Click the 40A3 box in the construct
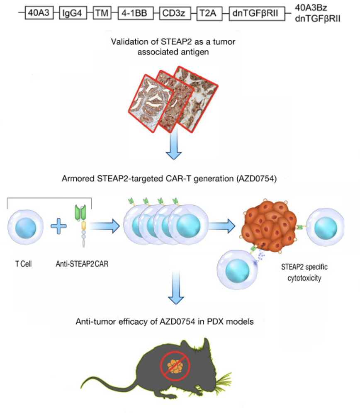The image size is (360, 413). pyautogui.click(x=39, y=13)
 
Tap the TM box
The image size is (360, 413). pyautogui.click(x=102, y=13)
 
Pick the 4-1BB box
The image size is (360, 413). pyautogui.click(x=136, y=13)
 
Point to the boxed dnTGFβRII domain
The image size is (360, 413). pyautogui.click(x=257, y=13)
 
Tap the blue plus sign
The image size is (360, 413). pyautogui.click(x=58, y=226)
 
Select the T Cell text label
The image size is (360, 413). pyautogui.click(x=24, y=264)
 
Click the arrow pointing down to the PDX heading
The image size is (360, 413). pyautogui.click(x=176, y=288)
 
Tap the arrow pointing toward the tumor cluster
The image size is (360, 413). pyautogui.click(x=222, y=226)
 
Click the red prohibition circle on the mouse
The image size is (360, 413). pyautogui.click(x=175, y=366)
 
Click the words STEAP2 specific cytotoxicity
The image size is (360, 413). pyautogui.click(x=304, y=272)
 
